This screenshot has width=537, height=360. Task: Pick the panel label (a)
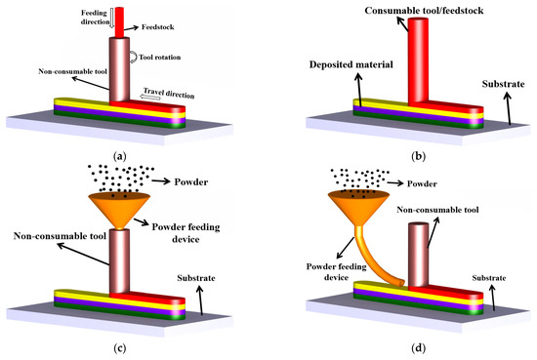119,155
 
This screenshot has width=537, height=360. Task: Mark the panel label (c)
119,348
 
